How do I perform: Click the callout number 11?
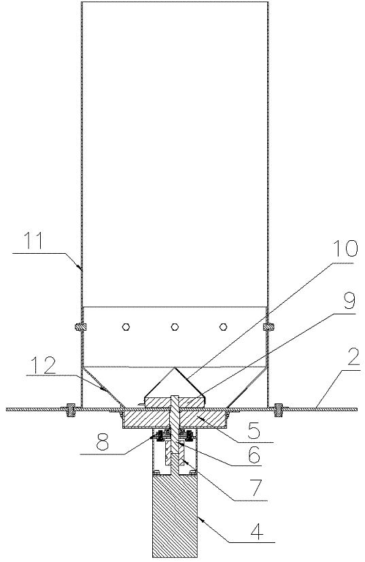[x=33, y=242]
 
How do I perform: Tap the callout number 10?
[x=345, y=248]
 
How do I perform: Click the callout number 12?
[x=43, y=366]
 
